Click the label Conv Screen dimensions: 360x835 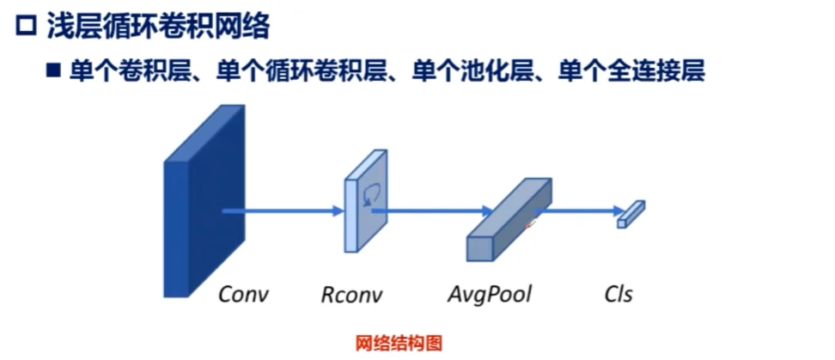[243, 294]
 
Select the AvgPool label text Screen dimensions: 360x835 [489, 294]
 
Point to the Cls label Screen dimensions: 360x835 [618, 294]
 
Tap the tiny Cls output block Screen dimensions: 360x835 [631, 213]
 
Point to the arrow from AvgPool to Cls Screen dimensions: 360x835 [580, 209]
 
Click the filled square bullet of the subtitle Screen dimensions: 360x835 [52, 70]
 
